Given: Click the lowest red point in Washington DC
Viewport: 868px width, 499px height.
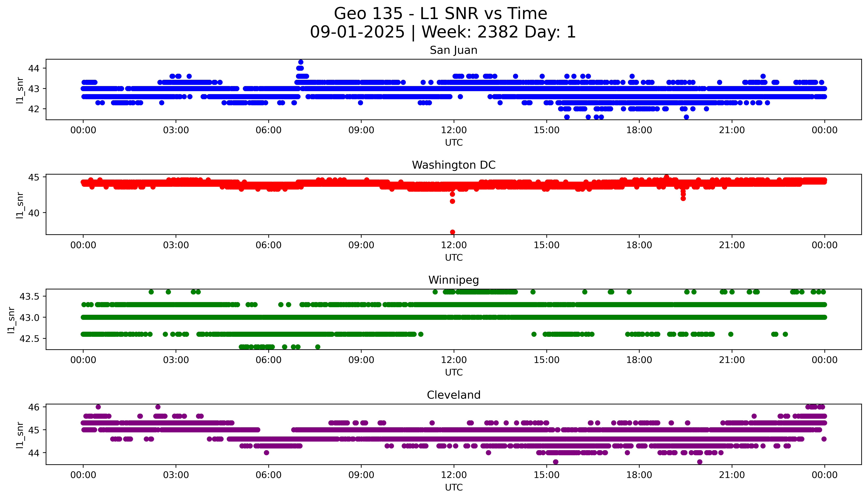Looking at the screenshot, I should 452,232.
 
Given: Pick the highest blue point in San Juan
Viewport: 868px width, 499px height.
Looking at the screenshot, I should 301,62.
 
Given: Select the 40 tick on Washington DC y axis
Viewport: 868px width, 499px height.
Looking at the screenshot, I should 34,213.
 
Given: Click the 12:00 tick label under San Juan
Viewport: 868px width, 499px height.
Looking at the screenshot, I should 454,130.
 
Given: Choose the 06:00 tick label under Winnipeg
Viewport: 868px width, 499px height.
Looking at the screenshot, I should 269,360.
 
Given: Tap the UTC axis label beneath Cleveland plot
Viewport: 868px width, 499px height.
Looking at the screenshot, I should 454,487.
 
